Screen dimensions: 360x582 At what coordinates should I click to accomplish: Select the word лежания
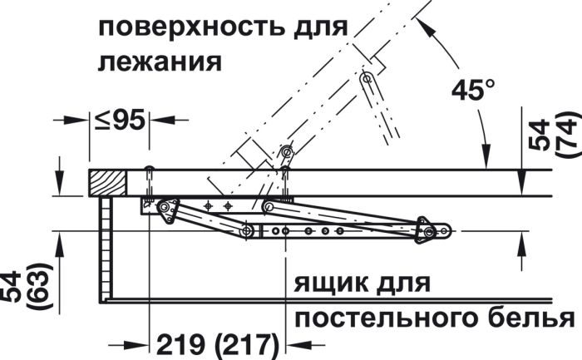coord(160,63)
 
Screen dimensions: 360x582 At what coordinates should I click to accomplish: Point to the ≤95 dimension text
coord(119,121)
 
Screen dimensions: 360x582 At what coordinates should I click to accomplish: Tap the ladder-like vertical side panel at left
coord(106,249)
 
